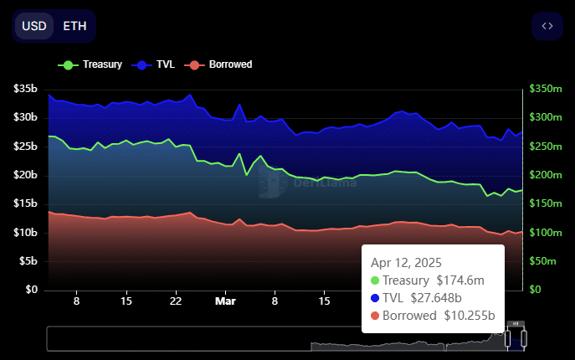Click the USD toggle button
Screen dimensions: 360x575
[x=34, y=26]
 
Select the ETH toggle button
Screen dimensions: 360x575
[x=74, y=26]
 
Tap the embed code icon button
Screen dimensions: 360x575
[x=547, y=26]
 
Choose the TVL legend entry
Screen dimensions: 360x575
[x=157, y=64]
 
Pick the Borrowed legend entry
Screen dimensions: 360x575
[x=221, y=64]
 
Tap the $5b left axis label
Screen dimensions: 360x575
[x=28, y=261]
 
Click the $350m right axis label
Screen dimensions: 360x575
[x=547, y=89]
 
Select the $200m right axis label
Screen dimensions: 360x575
[x=547, y=175]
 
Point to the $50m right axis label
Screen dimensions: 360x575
[x=545, y=261]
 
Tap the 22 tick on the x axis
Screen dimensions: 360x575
[x=176, y=300]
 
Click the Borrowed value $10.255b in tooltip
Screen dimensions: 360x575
[x=465, y=316]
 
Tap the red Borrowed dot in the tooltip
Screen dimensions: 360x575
[x=374, y=316]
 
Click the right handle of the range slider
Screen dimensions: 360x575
[x=525, y=338]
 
